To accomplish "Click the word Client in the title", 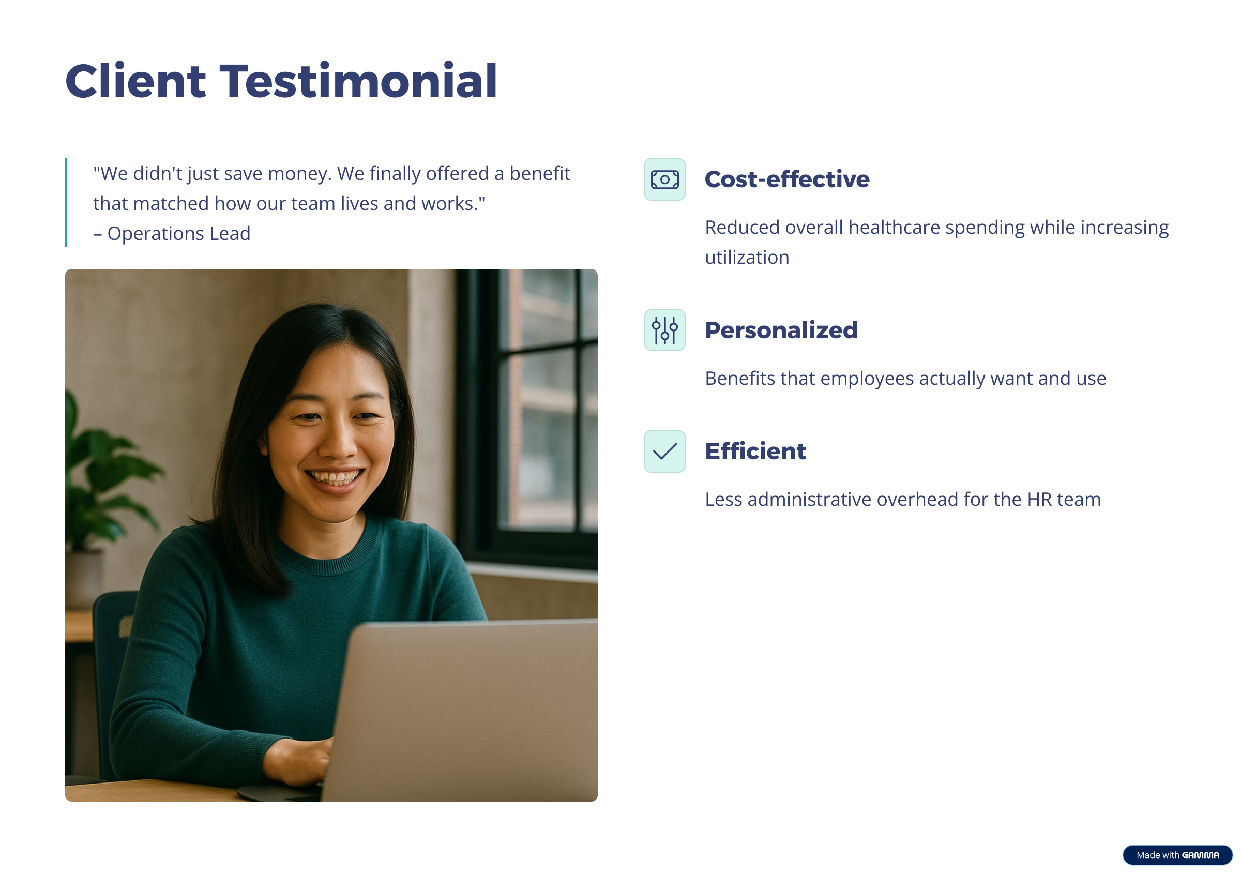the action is (x=135, y=81).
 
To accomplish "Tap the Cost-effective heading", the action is (x=787, y=179).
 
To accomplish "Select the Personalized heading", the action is (x=781, y=330).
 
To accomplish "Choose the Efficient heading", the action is (x=755, y=451).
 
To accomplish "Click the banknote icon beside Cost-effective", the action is (x=665, y=179).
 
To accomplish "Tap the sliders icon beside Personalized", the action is (x=665, y=330).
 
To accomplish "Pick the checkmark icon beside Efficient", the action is (x=665, y=451).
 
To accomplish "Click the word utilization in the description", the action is (x=747, y=258).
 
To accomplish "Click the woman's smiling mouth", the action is (x=335, y=477).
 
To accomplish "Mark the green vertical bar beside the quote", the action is (x=66, y=203).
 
